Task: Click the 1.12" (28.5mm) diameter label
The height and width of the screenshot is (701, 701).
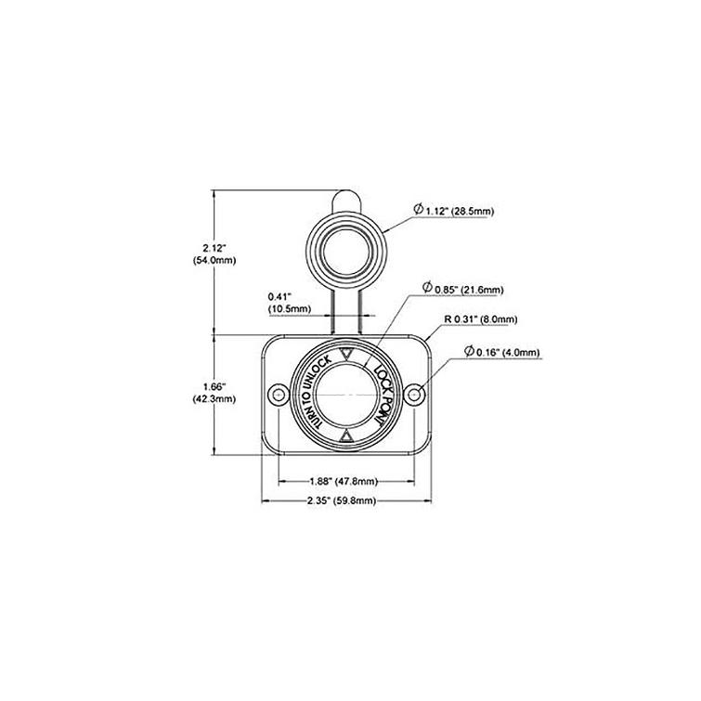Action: [459, 211]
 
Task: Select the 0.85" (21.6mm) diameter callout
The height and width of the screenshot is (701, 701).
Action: [468, 290]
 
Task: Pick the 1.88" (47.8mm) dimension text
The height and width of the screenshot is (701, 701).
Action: [343, 481]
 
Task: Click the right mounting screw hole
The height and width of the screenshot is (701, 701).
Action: [411, 396]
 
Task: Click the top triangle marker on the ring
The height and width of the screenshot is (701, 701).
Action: [344, 354]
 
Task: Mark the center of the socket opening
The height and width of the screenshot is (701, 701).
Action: [344, 396]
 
